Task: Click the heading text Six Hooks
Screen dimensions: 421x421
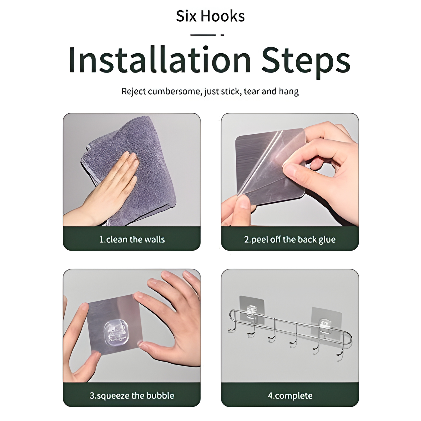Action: pyautogui.click(x=210, y=16)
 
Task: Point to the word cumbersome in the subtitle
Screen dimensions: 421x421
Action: pyautogui.click(x=174, y=91)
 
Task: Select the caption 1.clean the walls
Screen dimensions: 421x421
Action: pyautogui.click(x=132, y=239)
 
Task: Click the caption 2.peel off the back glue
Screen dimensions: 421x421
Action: pyautogui.click(x=290, y=239)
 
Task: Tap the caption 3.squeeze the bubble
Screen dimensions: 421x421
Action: pyautogui.click(x=132, y=396)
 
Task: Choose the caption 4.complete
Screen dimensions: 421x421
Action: pyautogui.click(x=290, y=396)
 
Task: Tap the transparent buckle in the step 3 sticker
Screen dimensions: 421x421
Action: pyautogui.click(x=115, y=332)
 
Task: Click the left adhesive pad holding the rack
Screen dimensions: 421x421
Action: pyautogui.click(x=252, y=310)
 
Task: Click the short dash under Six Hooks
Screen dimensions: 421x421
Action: pyautogui.click(x=222, y=35)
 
